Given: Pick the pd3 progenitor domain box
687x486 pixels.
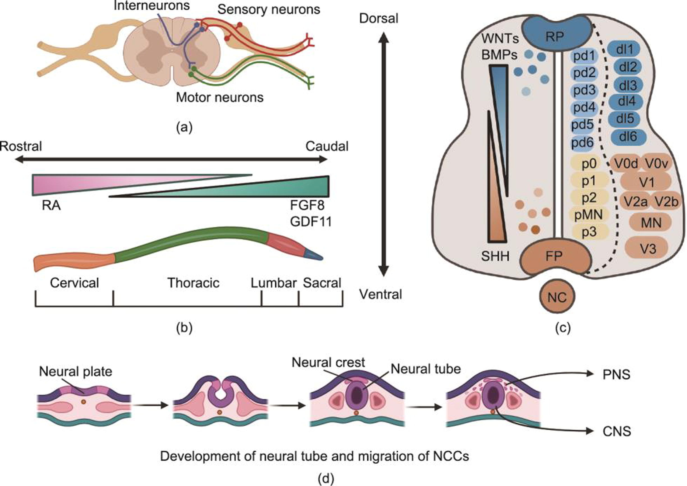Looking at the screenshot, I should coord(584,90).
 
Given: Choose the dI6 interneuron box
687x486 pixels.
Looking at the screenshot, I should coord(628,137).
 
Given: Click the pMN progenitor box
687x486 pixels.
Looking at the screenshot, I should coord(588,214).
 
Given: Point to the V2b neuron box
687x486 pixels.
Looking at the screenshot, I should coord(666,202).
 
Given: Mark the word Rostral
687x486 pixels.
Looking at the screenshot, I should coord(21,146).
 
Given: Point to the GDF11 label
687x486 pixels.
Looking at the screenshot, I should coord(311,222).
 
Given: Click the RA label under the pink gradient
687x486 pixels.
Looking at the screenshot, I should coord(52,206).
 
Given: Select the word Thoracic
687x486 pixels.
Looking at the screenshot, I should coord(193,283).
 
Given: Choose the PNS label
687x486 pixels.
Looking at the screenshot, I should coord(616,374).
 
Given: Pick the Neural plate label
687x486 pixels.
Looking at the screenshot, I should coord(76,371).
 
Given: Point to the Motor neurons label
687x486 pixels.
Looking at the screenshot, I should coord(220,97).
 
